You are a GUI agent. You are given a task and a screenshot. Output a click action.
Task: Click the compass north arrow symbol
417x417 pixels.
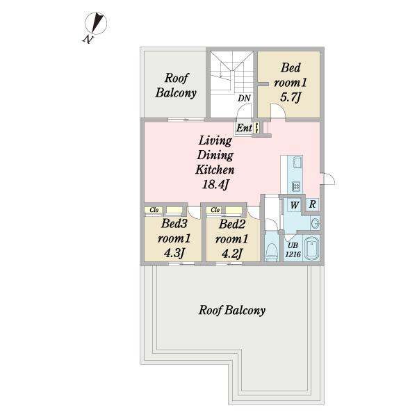coord(96,23)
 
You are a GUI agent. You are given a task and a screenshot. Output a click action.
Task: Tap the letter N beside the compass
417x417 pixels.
coord(88,40)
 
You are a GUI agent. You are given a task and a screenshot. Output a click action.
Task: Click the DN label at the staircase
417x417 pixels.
coord(244,98)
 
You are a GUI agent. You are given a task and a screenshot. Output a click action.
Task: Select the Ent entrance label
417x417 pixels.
coord(244,128)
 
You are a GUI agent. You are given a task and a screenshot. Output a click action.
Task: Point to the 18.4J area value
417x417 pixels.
coord(215,184)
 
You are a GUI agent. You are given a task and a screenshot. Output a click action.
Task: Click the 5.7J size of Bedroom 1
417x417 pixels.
coord(290,97)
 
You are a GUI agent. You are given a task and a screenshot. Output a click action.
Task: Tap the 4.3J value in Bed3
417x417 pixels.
coord(174,253)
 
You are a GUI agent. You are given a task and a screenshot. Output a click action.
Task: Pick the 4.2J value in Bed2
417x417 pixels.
coord(232,254)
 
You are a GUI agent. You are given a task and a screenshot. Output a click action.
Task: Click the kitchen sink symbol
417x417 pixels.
coord(297,162)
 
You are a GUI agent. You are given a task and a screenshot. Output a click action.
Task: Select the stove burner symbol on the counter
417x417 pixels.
coord(296,186)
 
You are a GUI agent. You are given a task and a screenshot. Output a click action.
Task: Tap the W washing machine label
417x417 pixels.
coord(295,205)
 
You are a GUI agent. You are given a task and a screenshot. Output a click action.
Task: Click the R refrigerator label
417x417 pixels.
coord(313,204)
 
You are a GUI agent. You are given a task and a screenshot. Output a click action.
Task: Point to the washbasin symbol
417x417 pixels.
coord(315,223)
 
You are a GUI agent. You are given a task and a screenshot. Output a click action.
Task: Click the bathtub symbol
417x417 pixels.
coord(312,249)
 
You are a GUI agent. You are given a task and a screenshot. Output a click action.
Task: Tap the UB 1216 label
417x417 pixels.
coord(293,250)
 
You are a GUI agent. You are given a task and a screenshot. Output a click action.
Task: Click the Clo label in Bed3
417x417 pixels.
coord(154,210)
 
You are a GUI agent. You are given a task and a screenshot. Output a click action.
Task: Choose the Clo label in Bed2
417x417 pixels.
coord(215,210)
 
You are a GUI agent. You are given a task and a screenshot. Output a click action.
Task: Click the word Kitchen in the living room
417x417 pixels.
coord(215,170)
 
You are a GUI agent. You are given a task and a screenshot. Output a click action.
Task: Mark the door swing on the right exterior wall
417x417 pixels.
coord(329,178)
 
